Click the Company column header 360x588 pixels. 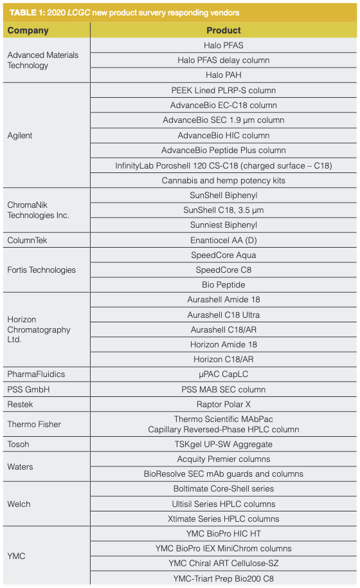(x=28, y=30)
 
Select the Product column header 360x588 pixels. (x=224, y=30)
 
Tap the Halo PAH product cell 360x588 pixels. (x=224, y=75)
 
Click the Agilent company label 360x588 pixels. (x=20, y=136)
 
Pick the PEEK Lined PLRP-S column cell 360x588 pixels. (x=224, y=90)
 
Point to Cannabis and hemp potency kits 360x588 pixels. (x=224, y=181)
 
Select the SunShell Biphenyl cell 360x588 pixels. (x=224, y=195)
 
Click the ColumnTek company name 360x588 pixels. (x=27, y=240)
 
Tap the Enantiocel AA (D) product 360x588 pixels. (x=224, y=240)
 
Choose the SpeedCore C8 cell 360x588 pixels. (x=224, y=270)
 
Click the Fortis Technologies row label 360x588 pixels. (x=41, y=270)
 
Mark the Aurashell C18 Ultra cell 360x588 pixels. (x=224, y=315)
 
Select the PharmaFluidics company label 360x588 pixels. (x=36, y=374)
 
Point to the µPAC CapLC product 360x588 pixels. (x=224, y=374)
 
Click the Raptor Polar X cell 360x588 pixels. (x=224, y=404)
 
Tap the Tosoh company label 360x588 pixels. (x=18, y=444)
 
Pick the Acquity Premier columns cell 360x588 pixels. (x=224, y=459)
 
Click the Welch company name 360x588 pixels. (x=19, y=504)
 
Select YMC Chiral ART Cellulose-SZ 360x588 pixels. (x=224, y=563)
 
